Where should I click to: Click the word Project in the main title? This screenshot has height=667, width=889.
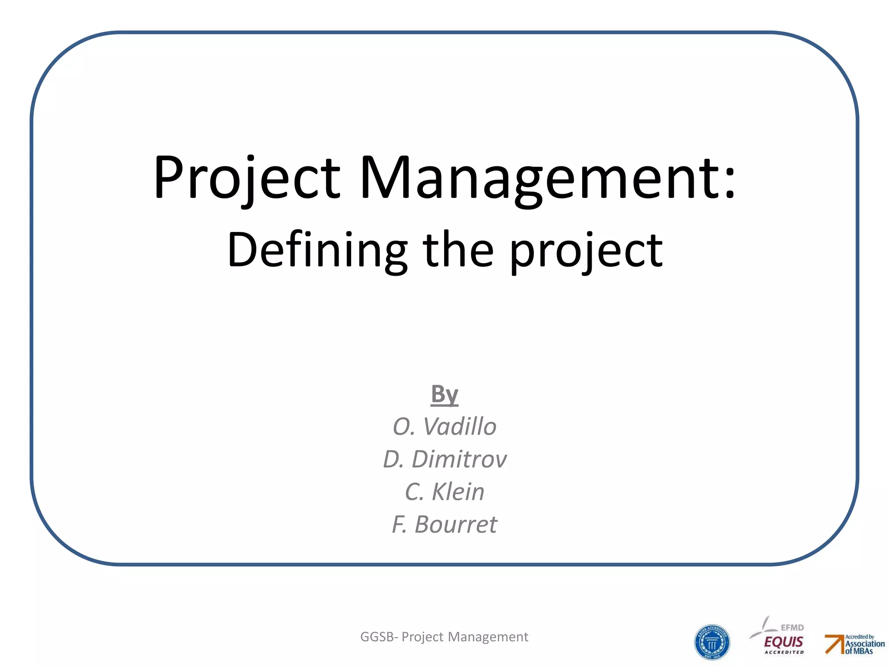click(247, 178)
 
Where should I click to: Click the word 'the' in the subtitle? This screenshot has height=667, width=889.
click(458, 250)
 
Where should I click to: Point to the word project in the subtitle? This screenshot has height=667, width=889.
click(586, 252)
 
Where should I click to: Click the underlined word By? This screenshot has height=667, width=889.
click(444, 394)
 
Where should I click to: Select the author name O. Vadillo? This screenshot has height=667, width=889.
click(444, 426)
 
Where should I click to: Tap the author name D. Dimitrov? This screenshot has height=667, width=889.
click(444, 459)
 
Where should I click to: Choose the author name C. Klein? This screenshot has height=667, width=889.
click(444, 492)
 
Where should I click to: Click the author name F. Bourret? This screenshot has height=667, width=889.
click(444, 525)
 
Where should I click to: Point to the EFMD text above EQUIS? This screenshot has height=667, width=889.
click(792, 627)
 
